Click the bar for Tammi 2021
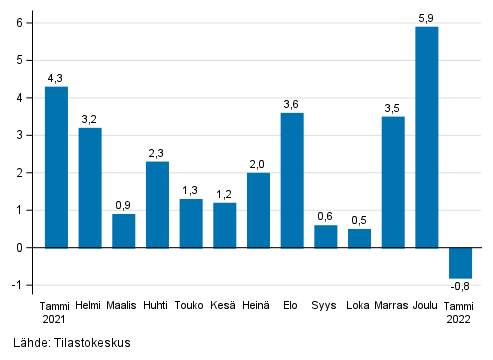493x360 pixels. (x=56, y=167)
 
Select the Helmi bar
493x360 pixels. (x=90, y=187)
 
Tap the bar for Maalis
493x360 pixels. (x=124, y=230)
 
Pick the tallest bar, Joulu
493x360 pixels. (x=427, y=137)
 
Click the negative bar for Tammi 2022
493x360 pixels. (x=460, y=262)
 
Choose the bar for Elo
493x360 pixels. (x=292, y=180)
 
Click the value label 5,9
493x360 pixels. (x=427, y=17)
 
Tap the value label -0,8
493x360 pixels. (x=461, y=287)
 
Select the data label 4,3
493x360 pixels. (x=56, y=77)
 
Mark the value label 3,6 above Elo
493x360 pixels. (x=292, y=103)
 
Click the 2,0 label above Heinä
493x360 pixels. (x=258, y=163)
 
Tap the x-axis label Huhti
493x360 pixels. (x=157, y=305)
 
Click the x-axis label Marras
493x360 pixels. (x=392, y=305)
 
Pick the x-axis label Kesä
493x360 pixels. (x=224, y=305)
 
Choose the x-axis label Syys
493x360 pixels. (x=325, y=305)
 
